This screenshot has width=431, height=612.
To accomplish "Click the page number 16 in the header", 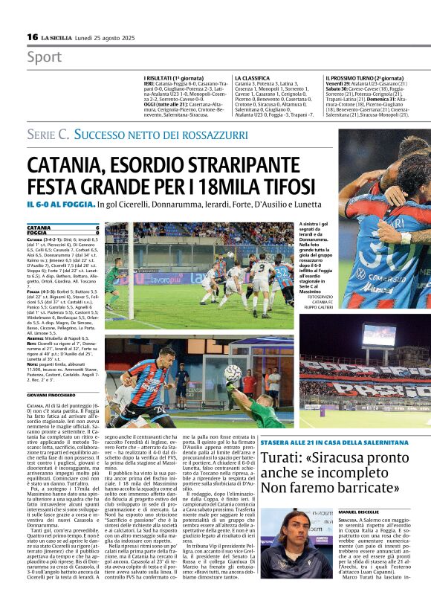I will [32, 36].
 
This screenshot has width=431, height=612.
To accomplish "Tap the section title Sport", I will [44, 57].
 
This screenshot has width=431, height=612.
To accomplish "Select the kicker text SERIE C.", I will [48, 135].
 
